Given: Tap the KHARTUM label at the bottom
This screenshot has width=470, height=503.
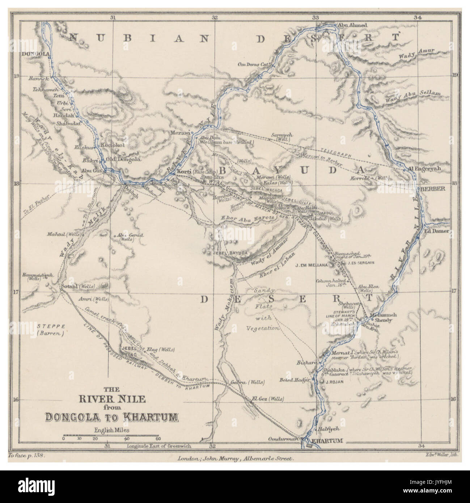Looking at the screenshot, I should point(327,441).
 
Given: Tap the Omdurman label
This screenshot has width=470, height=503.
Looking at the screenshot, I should point(288,439).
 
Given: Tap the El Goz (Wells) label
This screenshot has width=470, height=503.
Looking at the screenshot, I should point(267,398).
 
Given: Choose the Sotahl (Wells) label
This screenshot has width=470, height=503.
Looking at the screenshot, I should point(78,286).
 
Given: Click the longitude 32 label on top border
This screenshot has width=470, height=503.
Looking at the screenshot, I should point(215,17).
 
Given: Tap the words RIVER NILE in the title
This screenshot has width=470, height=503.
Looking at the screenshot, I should point(112,399).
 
